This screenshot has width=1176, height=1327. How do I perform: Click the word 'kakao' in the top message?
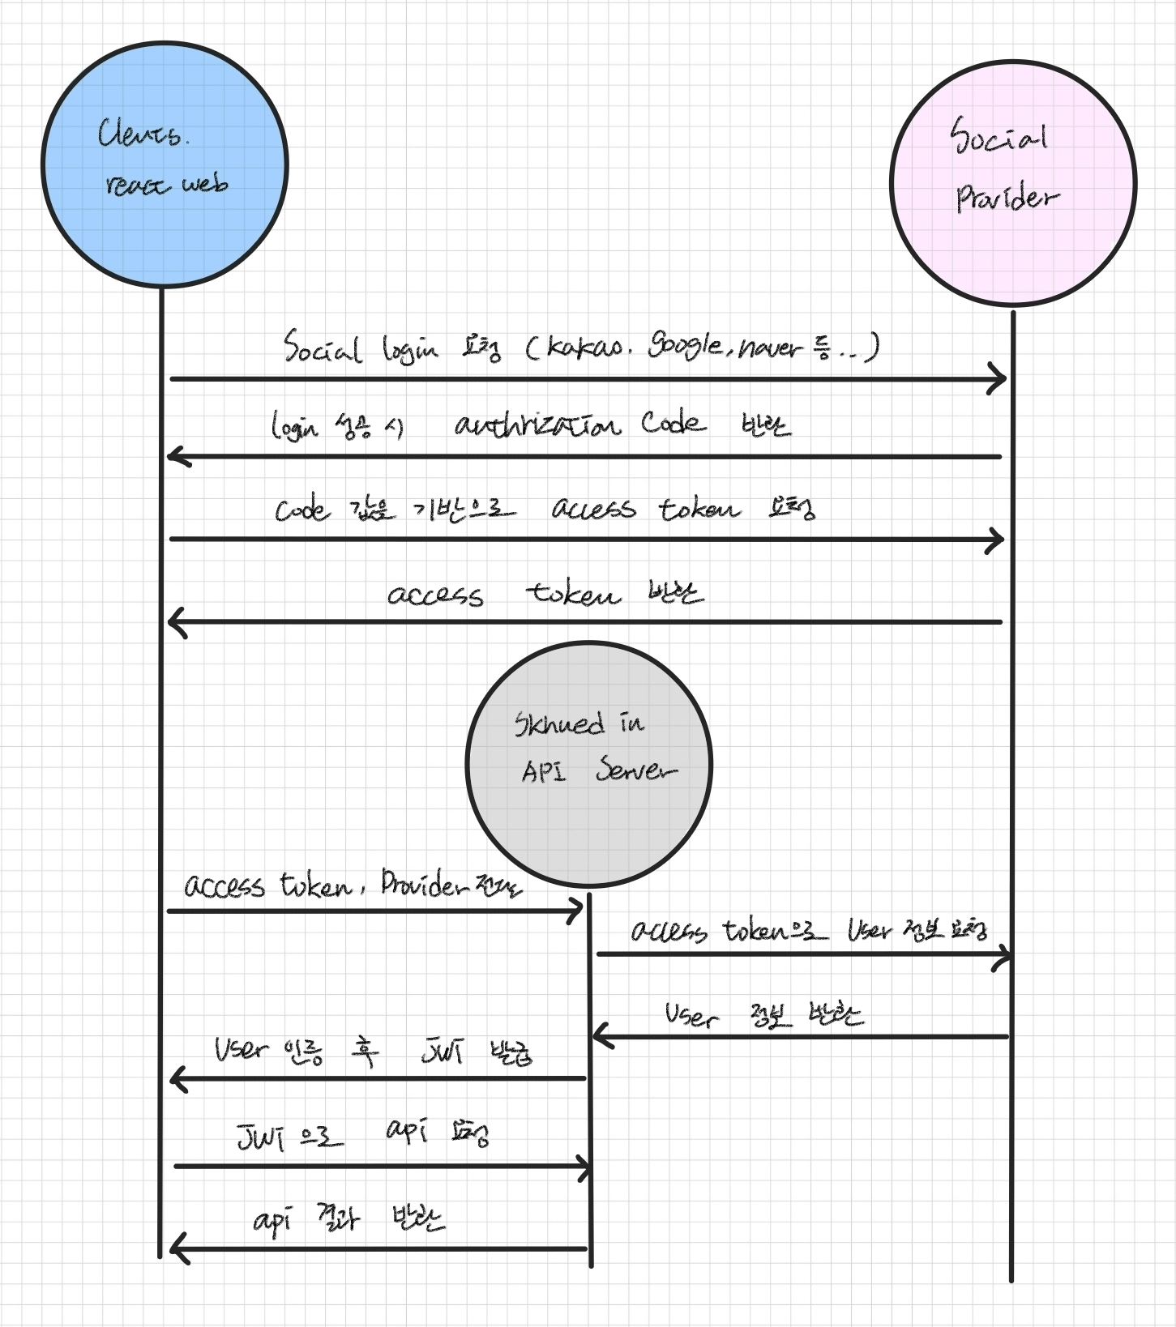pyautogui.click(x=585, y=348)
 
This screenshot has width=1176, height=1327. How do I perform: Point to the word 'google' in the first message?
pyautogui.click(x=685, y=347)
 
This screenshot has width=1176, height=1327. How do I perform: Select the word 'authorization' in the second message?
pyautogui.click(x=537, y=425)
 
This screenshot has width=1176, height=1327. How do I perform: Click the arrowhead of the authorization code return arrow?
pyautogui.click(x=173, y=457)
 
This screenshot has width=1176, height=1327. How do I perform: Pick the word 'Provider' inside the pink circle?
pyautogui.click(x=1007, y=198)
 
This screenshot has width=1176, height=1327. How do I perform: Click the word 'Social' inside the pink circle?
pyautogui.click(x=999, y=136)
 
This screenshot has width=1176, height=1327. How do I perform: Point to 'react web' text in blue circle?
pyautogui.click(x=166, y=186)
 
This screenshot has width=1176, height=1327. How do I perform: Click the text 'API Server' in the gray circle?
pyautogui.click(x=598, y=770)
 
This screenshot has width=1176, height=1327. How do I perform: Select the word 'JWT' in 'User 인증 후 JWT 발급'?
pyautogui.click(x=443, y=1052)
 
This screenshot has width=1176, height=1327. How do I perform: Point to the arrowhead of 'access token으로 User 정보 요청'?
pyautogui.click(x=1006, y=954)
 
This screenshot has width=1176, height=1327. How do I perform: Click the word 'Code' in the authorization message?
pyautogui.click(x=672, y=423)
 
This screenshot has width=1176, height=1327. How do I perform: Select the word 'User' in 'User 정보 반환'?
pyautogui.click(x=691, y=1016)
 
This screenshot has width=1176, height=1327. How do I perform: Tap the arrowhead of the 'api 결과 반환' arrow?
pyautogui.click(x=176, y=1248)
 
